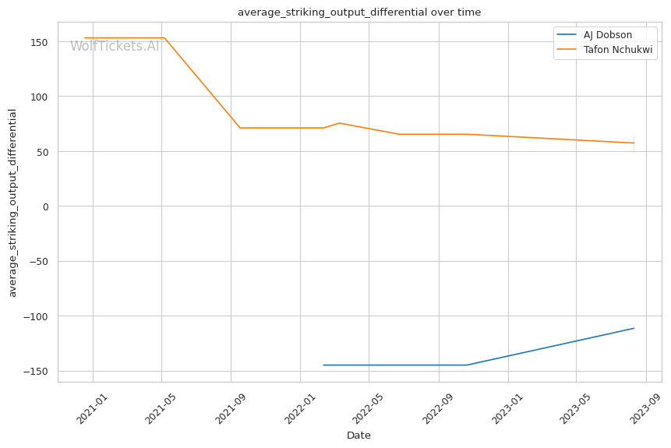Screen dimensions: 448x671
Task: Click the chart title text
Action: coord(359,12)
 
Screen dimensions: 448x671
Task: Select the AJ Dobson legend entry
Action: coord(609,35)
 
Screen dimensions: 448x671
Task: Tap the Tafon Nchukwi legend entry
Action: coord(618,50)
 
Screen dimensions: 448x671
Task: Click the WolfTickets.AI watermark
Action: coord(115,46)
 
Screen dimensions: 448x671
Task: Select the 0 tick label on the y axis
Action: coord(46,206)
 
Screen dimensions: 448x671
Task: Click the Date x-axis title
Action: coord(358,436)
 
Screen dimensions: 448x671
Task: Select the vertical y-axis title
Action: coord(12,203)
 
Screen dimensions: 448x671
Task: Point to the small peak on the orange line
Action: coord(339,123)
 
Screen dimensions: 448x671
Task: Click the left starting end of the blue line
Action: coord(323,365)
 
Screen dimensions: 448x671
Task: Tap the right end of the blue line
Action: coord(634,328)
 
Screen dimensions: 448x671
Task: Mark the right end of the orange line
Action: coord(634,143)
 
